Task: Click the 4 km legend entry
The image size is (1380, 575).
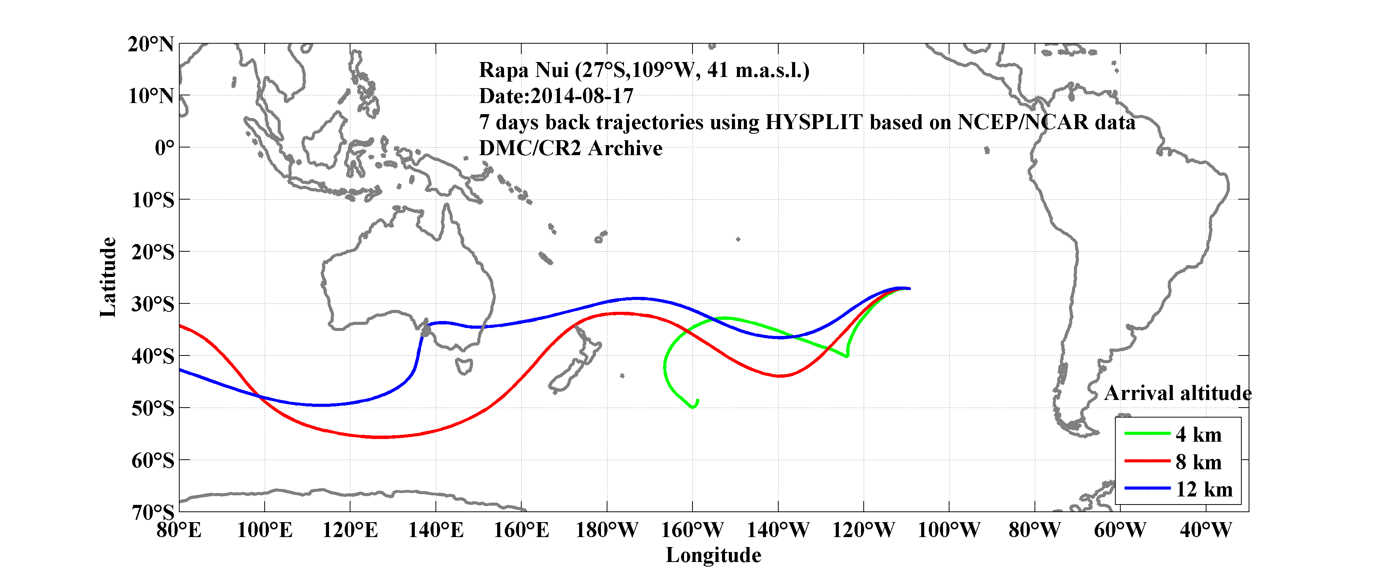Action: click(1198, 434)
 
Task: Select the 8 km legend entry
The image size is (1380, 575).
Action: click(1198, 462)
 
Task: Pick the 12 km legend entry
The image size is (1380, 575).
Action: click(1204, 489)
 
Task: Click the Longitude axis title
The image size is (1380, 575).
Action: click(713, 555)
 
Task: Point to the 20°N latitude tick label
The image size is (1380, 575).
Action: click(151, 44)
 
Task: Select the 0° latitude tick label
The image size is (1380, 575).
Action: click(164, 147)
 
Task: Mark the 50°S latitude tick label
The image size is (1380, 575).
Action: click(153, 408)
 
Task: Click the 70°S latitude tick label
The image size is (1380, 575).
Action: click(153, 512)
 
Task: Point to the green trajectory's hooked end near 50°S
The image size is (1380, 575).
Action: click(695, 405)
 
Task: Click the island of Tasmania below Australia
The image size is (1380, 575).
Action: click(463, 367)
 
